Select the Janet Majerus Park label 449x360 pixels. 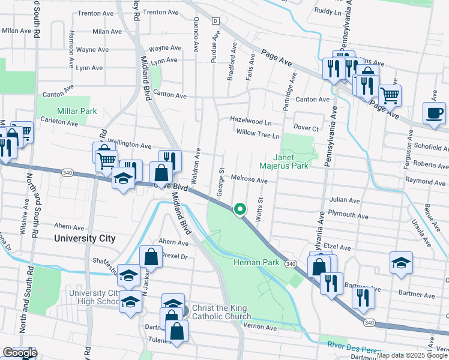point(284,160)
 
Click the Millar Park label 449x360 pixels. point(77,111)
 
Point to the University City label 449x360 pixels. point(84,238)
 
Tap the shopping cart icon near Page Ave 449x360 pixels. point(390,94)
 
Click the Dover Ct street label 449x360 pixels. point(306,127)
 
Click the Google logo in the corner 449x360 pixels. point(19,353)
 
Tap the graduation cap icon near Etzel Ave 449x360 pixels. point(401,262)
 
